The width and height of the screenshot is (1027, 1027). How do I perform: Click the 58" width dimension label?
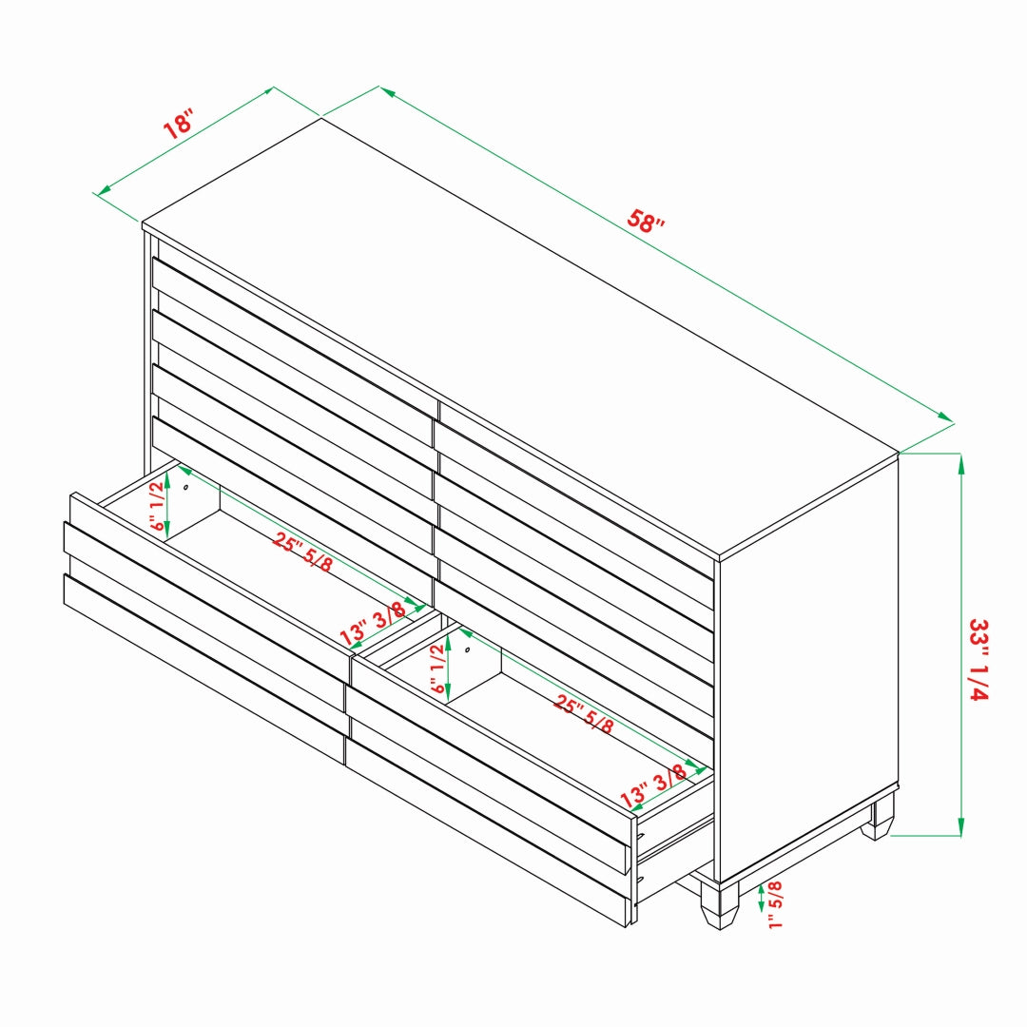[x=645, y=221]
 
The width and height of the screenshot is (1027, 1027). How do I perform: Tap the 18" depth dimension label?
[x=178, y=125]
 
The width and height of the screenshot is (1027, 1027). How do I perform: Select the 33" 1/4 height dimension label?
[x=979, y=660]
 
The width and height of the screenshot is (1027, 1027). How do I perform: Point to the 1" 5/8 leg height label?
[x=775, y=904]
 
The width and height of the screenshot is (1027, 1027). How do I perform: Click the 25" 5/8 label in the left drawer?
[x=302, y=552]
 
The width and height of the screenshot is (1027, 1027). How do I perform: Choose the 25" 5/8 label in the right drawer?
[x=584, y=713]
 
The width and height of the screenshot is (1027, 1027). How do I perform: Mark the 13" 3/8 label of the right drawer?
[x=653, y=786]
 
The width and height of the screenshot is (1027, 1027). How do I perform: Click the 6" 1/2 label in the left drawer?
[x=157, y=506]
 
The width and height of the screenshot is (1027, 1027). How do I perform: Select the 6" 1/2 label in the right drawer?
[x=437, y=669]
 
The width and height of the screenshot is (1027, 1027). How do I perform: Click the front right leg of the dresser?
[x=719, y=904]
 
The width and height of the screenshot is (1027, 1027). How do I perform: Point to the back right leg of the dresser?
[x=878, y=818]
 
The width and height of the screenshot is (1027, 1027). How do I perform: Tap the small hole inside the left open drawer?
[x=186, y=487]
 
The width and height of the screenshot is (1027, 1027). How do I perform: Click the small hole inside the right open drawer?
[x=467, y=649]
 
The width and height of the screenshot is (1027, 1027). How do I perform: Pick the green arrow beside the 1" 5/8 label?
[x=761, y=898]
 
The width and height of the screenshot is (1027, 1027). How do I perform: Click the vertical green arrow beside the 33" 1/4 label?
[x=960, y=645]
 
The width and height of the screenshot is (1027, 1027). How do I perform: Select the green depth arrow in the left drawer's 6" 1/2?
[x=167, y=504]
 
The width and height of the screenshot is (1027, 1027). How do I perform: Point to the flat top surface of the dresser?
[x=521, y=338]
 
